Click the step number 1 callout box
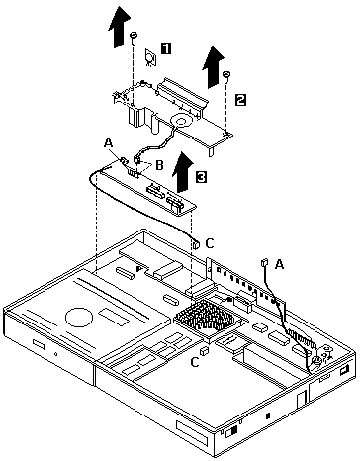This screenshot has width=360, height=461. (x=166, y=48)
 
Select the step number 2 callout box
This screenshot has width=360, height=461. (x=240, y=100)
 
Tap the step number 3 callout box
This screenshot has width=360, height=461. (x=201, y=177)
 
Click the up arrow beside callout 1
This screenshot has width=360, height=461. (x=119, y=28)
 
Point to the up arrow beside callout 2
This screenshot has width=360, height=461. (x=213, y=67)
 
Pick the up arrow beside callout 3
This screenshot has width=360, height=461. (x=185, y=172)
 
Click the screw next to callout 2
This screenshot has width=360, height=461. (x=226, y=77)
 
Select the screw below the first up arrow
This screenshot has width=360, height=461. (x=134, y=38)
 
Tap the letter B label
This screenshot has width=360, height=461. (x=159, y=165)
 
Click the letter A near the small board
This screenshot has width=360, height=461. (x=108, y=142)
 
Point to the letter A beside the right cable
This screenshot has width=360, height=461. (x=279, y=264)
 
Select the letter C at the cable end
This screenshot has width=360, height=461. (x=210, y=243)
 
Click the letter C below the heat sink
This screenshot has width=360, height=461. (x=195, y=362)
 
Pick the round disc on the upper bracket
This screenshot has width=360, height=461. (x=181, y=122)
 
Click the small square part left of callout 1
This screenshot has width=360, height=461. (x=150, y=58)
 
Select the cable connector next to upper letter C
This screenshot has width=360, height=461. (x=196, y=244)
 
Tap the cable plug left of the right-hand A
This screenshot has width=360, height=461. (x=264, y=264)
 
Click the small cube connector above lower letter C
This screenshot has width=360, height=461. (x=205, y=351)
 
